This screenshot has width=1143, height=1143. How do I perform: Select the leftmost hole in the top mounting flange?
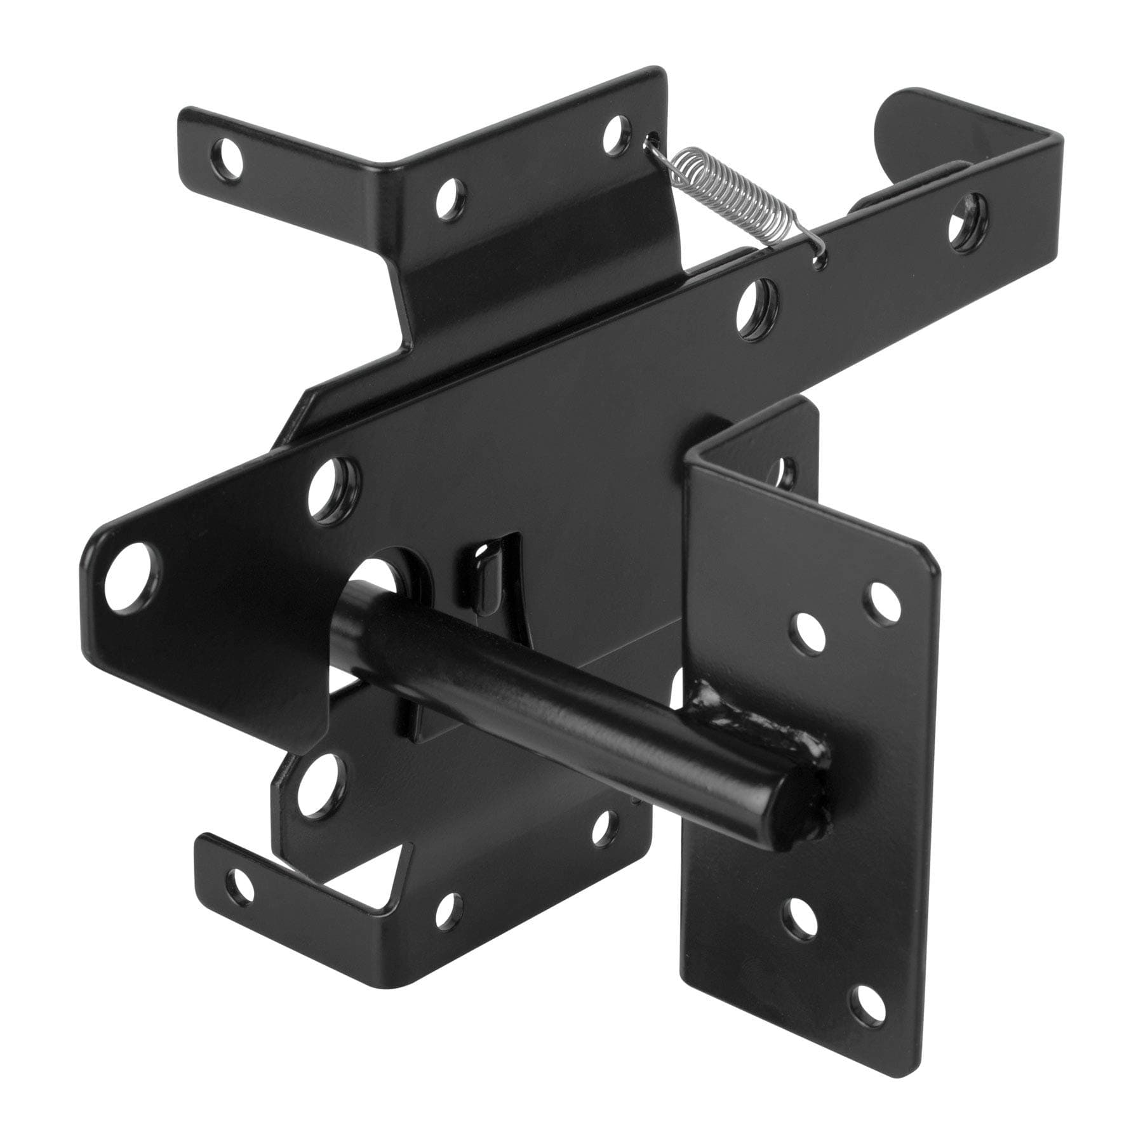point(227,153)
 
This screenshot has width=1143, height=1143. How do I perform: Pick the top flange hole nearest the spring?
point(614,130)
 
